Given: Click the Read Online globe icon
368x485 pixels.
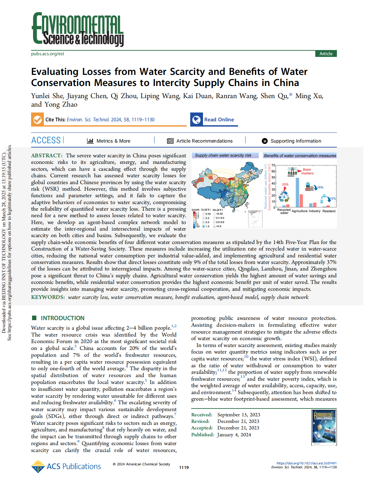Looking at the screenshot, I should pos(196,120).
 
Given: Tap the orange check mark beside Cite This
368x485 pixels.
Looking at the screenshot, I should pos(37,120).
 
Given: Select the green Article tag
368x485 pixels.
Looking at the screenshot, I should pos(326,54).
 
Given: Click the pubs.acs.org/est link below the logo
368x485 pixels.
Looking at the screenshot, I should pos(47,54).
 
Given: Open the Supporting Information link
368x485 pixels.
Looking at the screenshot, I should pos(295,141).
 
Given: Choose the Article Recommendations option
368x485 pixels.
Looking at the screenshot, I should pos(204,141).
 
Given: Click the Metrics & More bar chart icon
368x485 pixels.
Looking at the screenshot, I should pos(90,141).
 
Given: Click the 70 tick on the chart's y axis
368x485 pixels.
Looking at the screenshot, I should pos(273,165).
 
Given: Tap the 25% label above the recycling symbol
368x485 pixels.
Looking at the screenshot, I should pos(285,184).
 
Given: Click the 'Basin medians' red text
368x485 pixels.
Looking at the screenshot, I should pos(307,171).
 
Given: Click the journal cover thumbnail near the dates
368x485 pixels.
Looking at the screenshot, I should pos(324,427).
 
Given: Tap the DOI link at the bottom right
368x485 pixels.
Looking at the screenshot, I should pos(306,463).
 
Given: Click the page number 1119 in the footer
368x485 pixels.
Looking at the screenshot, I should pos(184,467).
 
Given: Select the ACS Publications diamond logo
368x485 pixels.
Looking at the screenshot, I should pos(38,467).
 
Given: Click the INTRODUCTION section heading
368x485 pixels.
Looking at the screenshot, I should pos(63,318).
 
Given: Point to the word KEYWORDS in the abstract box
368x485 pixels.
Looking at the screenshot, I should pos(47,297).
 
